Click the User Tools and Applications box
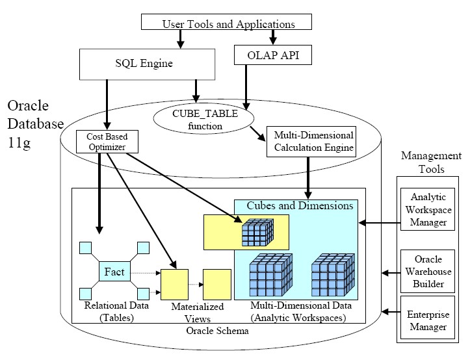click(227, 23)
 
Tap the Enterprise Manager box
click(427, 320)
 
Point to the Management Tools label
click(430, 162)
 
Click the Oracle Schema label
click(214, 331)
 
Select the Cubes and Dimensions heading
click(300, 205)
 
